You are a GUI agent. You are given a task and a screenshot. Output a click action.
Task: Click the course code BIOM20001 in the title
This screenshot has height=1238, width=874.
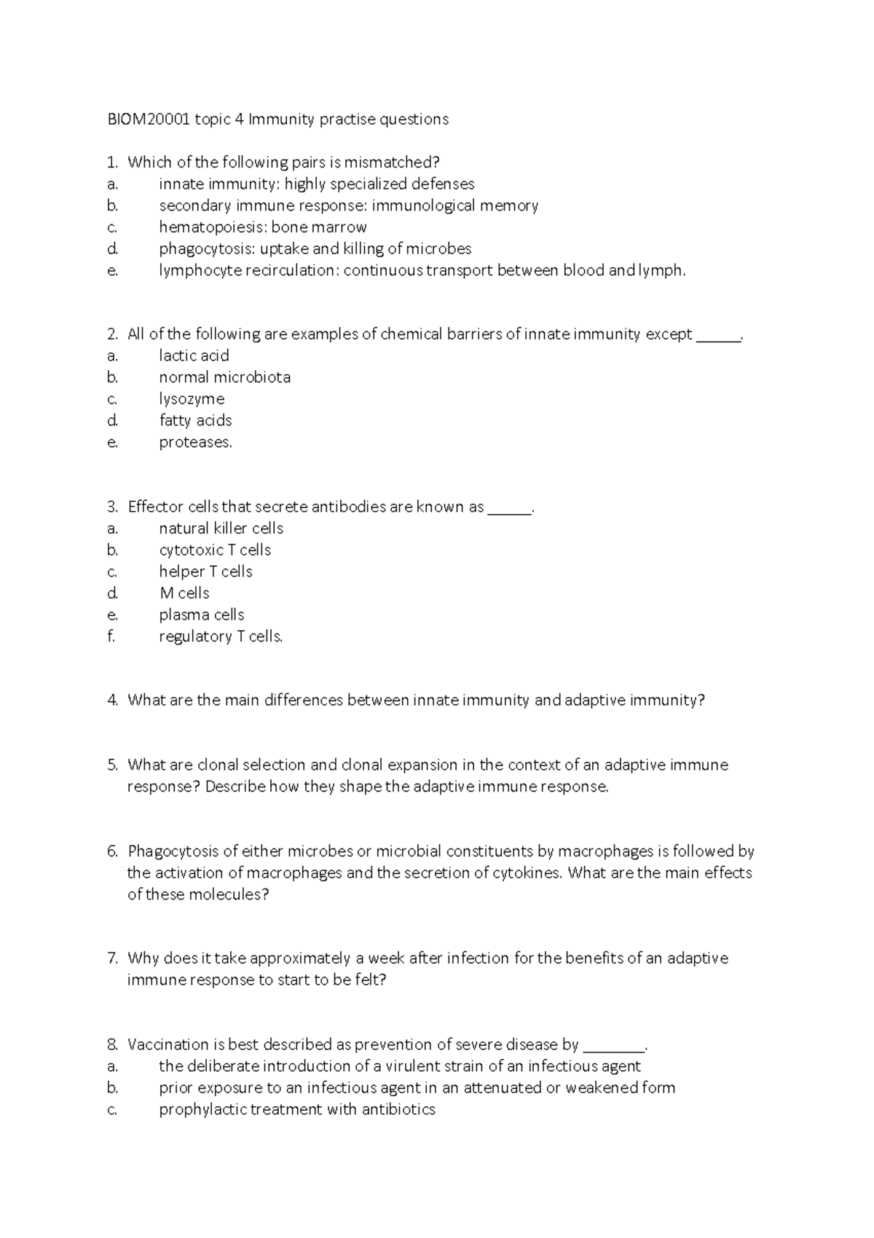coord(149,119)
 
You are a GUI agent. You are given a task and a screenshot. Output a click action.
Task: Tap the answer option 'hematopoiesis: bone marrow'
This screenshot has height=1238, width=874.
coord(262,227)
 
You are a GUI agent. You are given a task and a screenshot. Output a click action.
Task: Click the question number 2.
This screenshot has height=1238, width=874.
coord(112,334)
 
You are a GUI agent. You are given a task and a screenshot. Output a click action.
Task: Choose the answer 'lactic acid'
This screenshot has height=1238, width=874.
coord(194,356)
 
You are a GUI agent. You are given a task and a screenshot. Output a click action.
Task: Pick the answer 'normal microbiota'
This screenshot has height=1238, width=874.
coord(224,377)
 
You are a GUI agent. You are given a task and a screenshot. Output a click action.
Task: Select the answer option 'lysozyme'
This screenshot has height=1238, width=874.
coord(192,399)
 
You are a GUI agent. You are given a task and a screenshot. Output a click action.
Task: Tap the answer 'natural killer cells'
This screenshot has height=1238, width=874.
coord(221,529)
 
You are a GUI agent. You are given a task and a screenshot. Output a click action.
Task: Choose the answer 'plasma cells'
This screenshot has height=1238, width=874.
coord(202,615)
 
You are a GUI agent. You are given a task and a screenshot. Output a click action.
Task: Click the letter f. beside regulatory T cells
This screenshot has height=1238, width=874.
coord(111,636)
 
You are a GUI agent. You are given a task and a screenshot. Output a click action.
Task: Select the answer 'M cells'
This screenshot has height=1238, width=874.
coord(184,594)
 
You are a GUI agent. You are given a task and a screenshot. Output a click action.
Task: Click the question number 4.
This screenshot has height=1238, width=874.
coord(112,701)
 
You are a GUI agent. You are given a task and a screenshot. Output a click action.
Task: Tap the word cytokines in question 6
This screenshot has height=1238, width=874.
coord(527,873)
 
